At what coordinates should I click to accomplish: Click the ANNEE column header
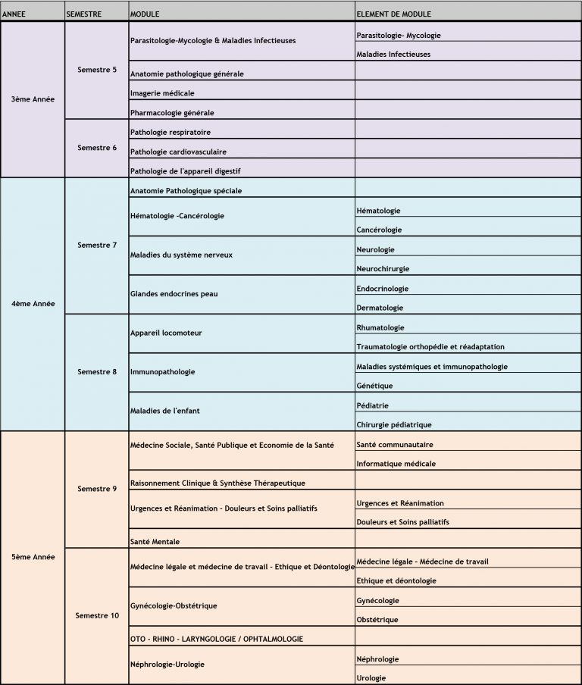[x=15, y=14]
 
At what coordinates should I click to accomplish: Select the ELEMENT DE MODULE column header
[x=393, y=14]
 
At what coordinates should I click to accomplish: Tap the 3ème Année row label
[x=33, y=99]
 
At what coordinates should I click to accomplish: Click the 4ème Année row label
[x=33, y=304]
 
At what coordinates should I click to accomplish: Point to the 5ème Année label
[x=33, y=557]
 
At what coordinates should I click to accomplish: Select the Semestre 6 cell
[x=97, y=147]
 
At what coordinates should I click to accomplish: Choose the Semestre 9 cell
[x=97, y=489]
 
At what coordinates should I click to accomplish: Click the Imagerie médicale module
[x=162, y=93]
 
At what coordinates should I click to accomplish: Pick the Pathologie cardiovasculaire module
[x=178, y=152]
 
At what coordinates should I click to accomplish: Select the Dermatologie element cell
[x=380, y=308]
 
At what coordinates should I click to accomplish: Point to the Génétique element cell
[x=374, y=386]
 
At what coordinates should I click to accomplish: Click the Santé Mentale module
[x=155, y=542]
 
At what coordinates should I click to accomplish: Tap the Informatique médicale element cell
[x=396, y=464]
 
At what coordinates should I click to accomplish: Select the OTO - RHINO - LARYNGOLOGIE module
[x=217, y=639]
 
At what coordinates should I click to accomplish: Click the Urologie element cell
[x=372, y=677]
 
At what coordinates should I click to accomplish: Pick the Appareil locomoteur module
[x=166, y=333]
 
